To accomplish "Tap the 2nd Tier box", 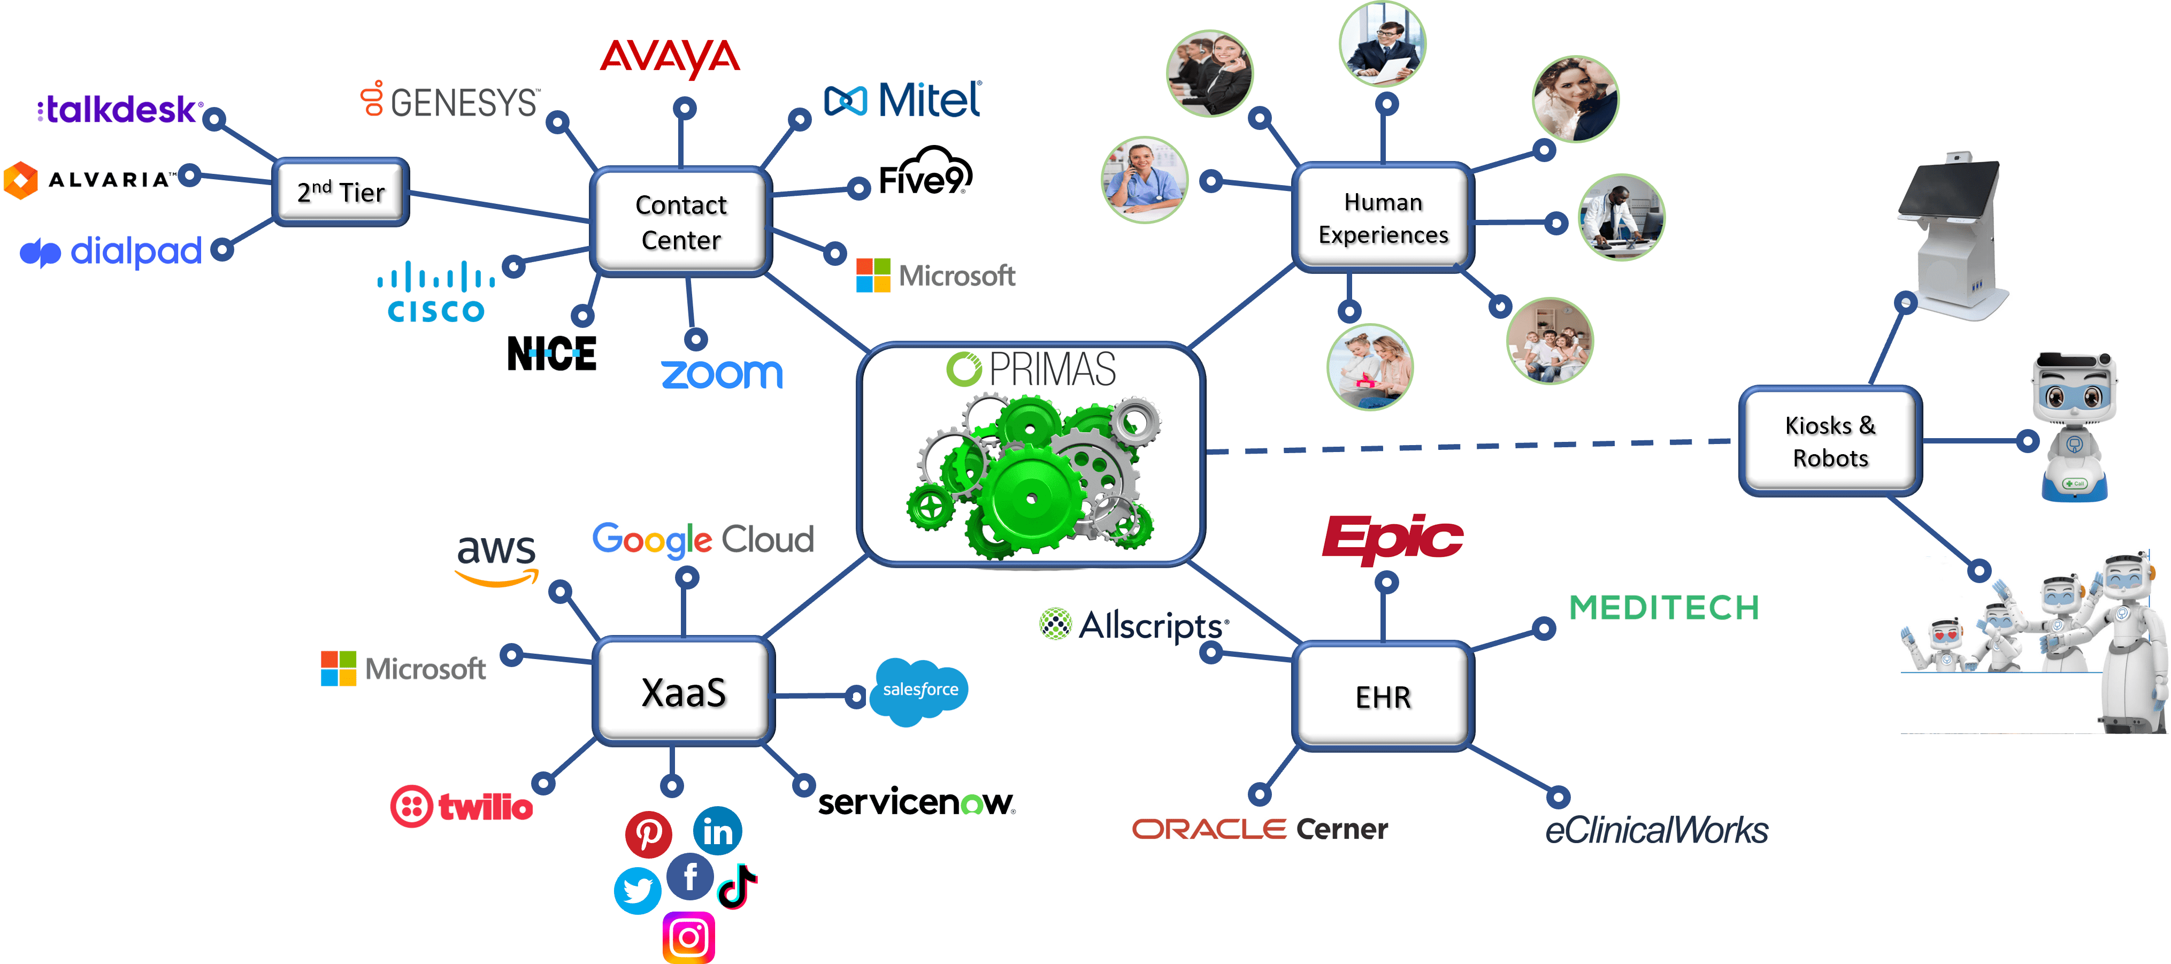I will (341, 192).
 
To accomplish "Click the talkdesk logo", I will (118, 109).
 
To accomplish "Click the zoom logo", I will (722, 374).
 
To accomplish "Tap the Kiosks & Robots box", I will (1830, 441).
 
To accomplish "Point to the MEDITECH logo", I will (1663, 607).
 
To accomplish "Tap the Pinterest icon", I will (648, 833).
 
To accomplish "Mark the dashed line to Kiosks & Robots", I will (1467, 447).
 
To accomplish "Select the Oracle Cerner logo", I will (1259, 829).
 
